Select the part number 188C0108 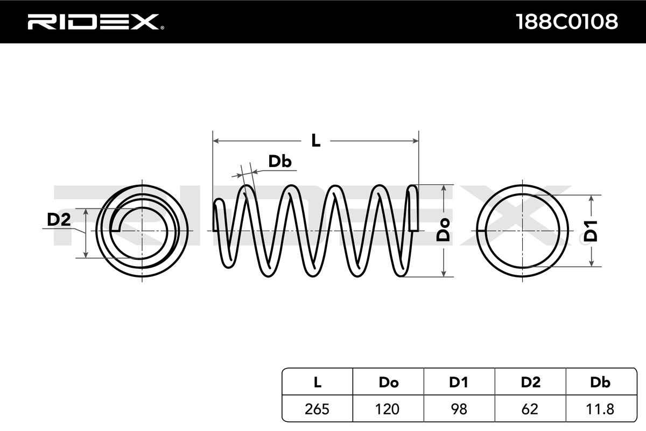(x=566, y=22)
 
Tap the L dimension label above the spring (x=316, y=141)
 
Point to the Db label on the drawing (x=280, y=161)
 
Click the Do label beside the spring (x=443, y=231)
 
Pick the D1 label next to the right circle (x=592, y=231)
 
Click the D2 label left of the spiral (x=59, y=220)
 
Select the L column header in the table (x=318, y=383)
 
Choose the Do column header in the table (x=388, y=383)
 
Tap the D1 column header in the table (x=459, y=383)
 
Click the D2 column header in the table (x=530, y=383)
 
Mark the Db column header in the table (x=600, y=383)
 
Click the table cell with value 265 (x=318, y=409)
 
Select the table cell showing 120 (x=388, y=409)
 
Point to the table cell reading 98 (x=459, y=409)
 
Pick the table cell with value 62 (x=530, y=409)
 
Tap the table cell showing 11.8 (x=600, y=409)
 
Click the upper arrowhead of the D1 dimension (x=592, y=199)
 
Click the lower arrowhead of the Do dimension (x=444, y=273)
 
